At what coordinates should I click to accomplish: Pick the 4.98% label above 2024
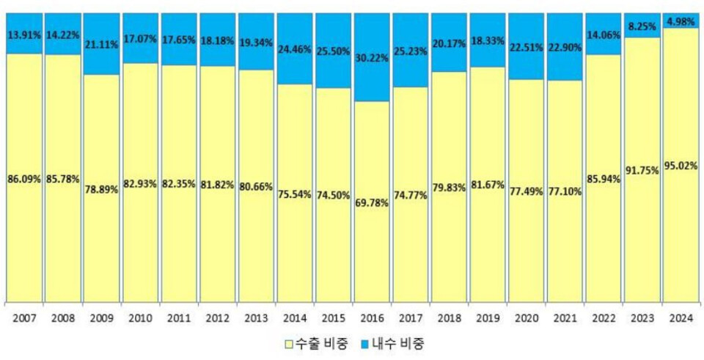[680, 21]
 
